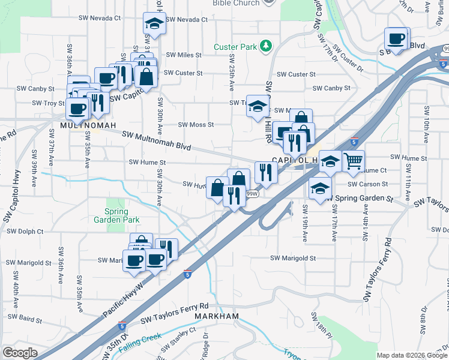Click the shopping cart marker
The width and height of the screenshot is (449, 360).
354,161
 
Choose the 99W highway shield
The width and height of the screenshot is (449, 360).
252,194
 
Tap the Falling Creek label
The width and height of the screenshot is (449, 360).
140,344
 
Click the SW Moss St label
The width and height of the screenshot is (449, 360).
196,125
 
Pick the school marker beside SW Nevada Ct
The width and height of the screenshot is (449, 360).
154,24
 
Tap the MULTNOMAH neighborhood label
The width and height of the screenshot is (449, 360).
82,126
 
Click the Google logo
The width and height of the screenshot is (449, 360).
20,353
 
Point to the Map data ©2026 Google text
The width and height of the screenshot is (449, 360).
411,355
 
